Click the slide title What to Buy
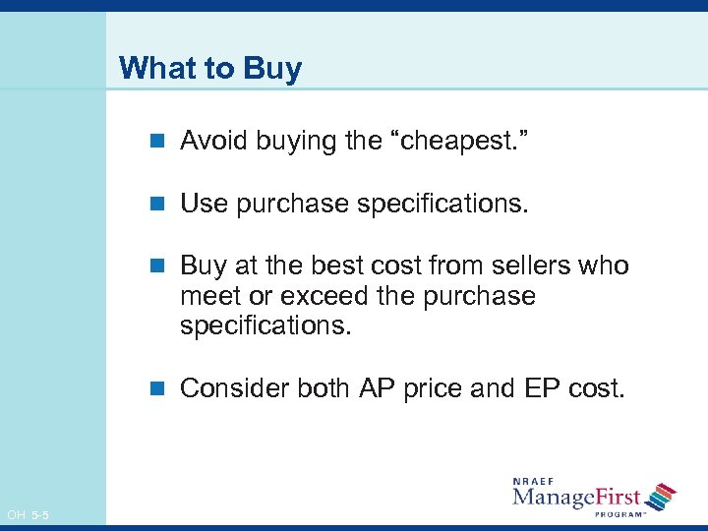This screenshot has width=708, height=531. tap(209, 69)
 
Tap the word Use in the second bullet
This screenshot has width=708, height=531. tap(204, 204)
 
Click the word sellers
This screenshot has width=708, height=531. tap(532, 266)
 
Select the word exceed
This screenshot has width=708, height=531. tap(316, 296)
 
